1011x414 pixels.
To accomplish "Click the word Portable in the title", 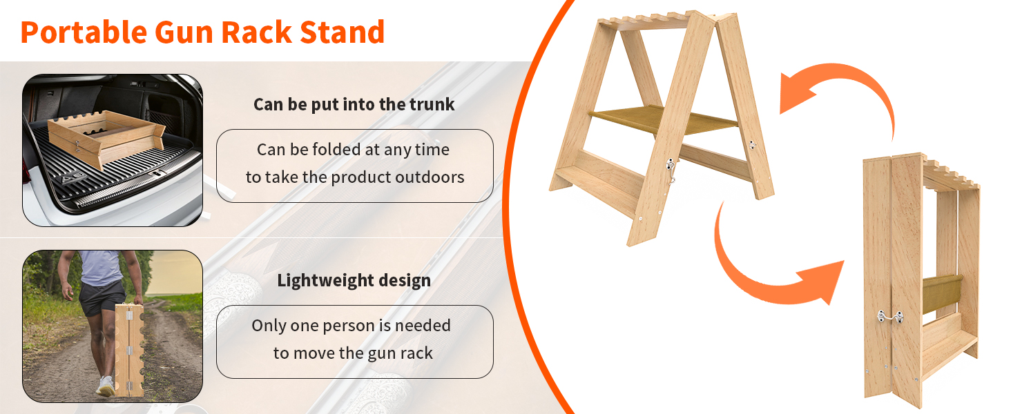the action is tap(84, 32).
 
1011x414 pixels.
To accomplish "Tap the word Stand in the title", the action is tap(342, 32).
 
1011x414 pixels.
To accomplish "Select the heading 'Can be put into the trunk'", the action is tap(354, 104).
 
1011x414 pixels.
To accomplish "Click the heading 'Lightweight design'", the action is tap(354, 281).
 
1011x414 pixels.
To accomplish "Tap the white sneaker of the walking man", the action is tap(106, 386).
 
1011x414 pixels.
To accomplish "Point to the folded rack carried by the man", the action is tap(129, 350).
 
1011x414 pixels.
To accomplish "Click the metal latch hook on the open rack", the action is tap(671, 170).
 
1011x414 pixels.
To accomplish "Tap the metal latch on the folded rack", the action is tap(890, 317).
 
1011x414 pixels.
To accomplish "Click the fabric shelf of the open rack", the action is tap(664, 119).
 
